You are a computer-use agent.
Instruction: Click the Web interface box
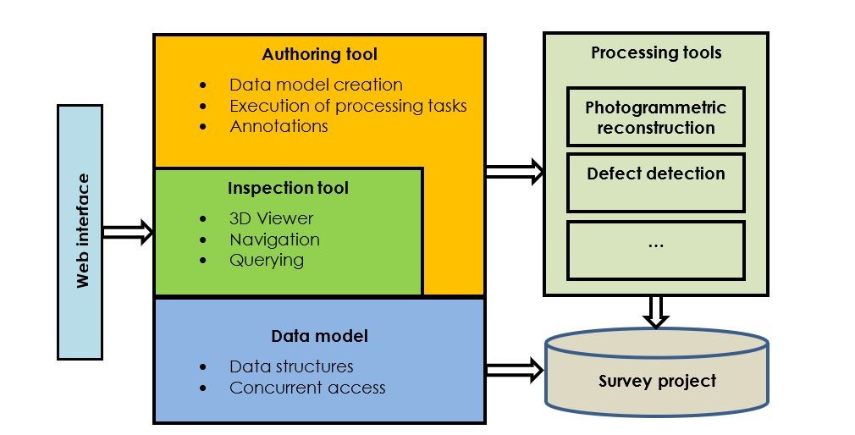(80, 231)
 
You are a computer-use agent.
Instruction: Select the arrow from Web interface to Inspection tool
(128, 231)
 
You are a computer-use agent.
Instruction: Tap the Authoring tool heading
(319, 54)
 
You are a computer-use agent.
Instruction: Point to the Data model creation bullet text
(316, 85)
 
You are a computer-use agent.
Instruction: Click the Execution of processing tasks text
(348, 106)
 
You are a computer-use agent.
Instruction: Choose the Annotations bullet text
(279, 126)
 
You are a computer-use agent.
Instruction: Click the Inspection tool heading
(288, 187)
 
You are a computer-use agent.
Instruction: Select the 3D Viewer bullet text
(271, 218)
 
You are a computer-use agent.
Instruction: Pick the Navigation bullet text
(274, 240)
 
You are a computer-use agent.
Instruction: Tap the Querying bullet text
(266, 260)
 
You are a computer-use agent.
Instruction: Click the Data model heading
(319, 336)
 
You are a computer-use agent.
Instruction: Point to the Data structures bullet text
(291, 366)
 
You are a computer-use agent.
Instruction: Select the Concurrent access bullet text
(307, 388)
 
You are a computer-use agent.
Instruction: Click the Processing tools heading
(656, 52)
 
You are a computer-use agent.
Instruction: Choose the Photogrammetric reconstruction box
(656, 118)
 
